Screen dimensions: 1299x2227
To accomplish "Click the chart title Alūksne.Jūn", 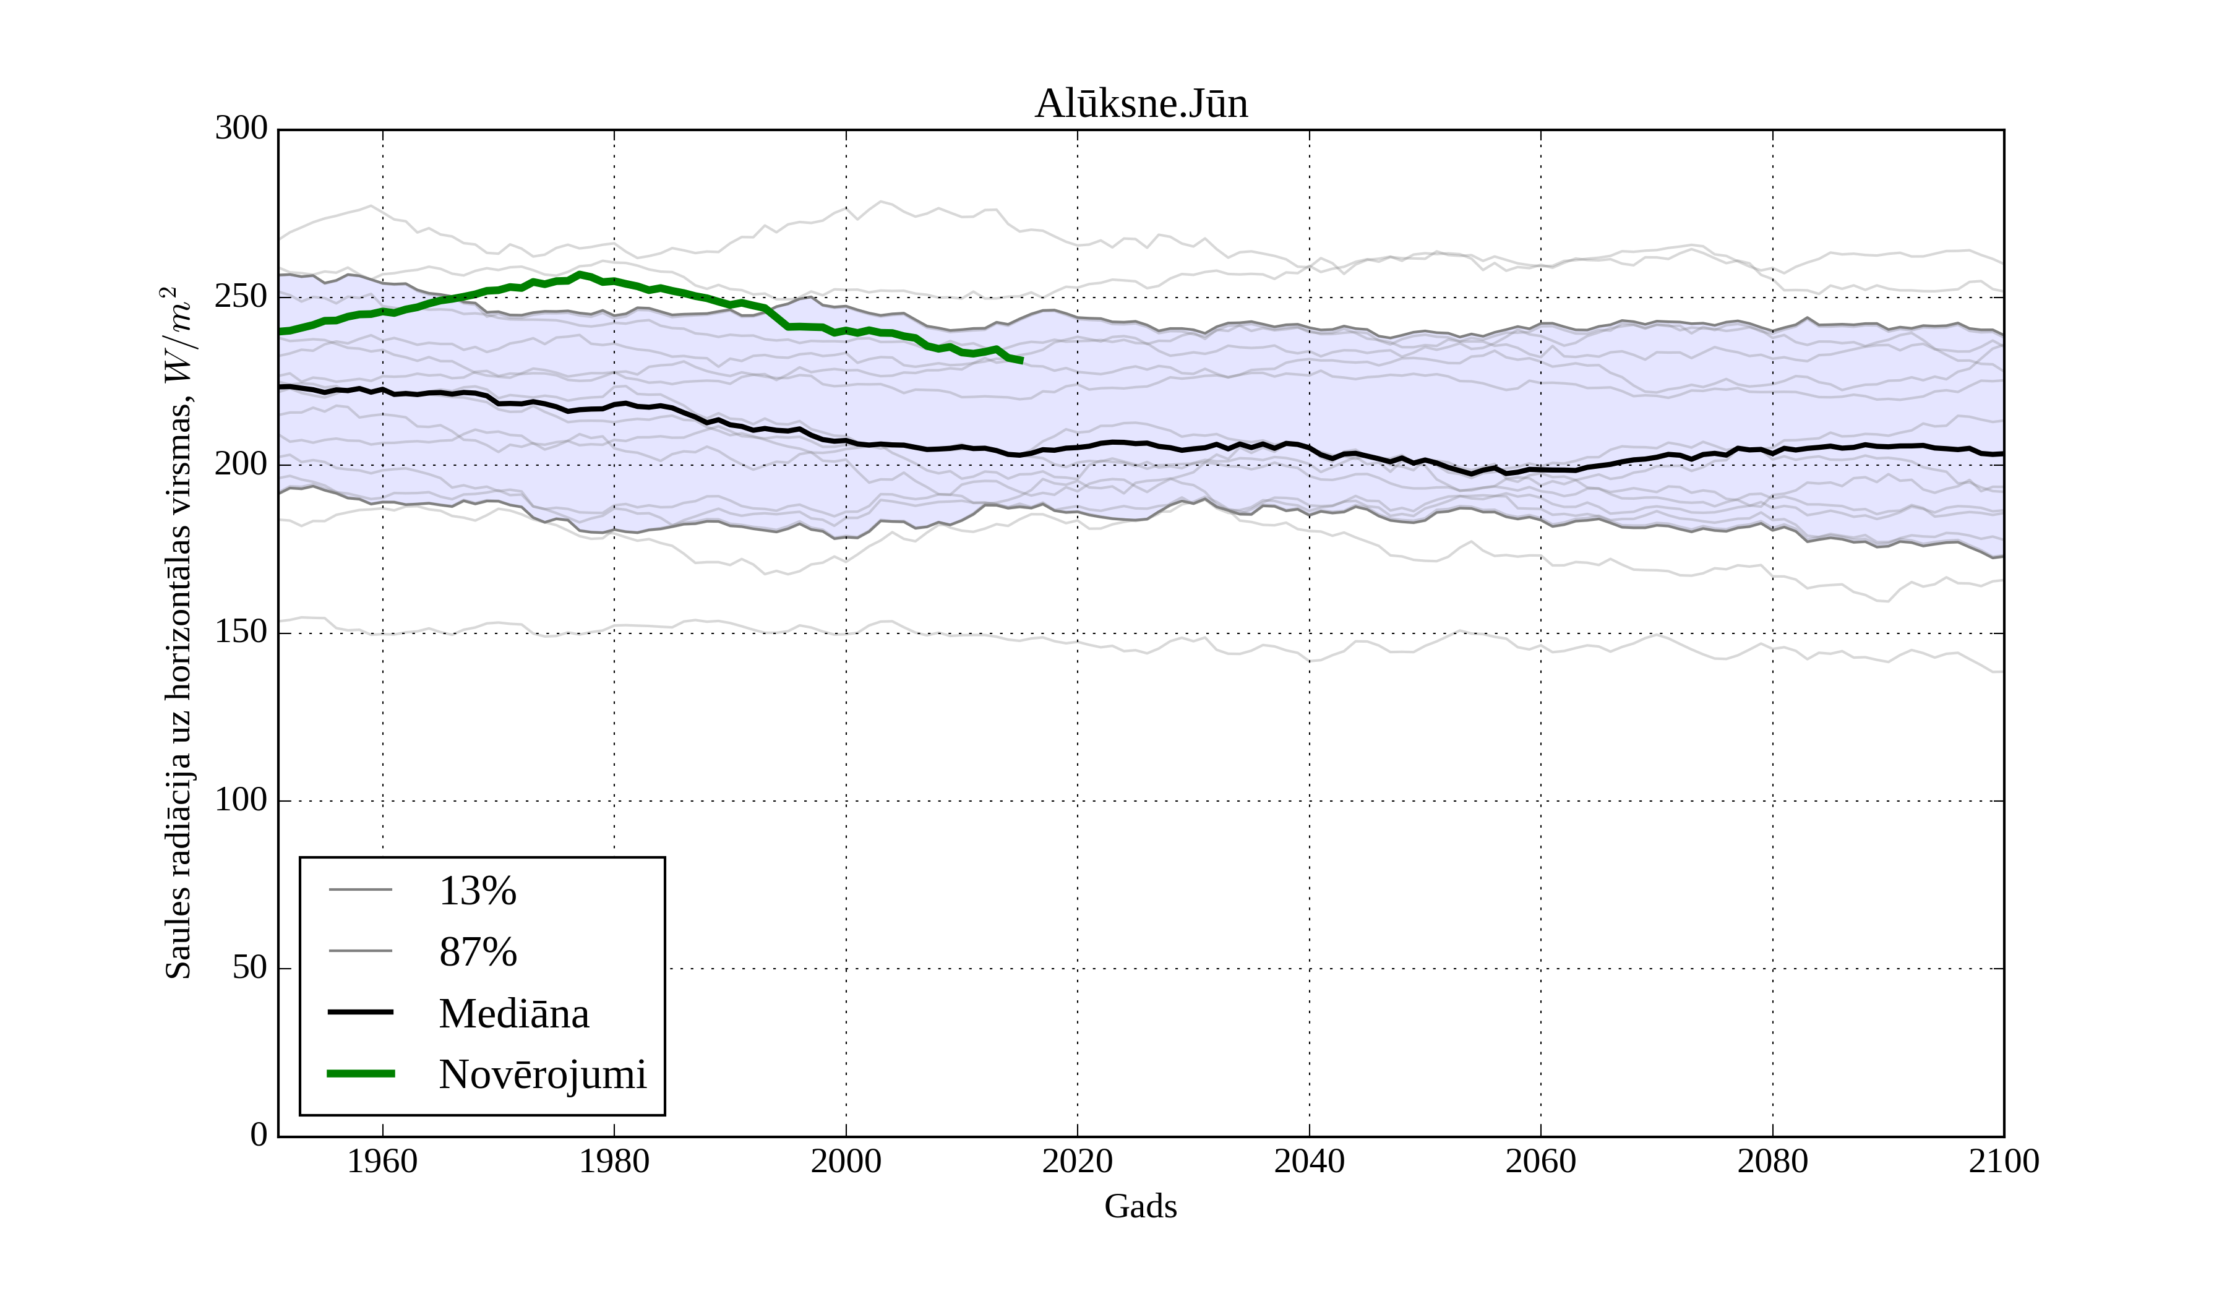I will pos(1141,105).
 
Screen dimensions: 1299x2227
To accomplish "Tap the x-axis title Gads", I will pos(1141,1206).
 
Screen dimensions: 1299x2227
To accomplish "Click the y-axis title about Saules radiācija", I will pos(179,633).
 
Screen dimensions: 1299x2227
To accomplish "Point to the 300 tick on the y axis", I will pos(241,129).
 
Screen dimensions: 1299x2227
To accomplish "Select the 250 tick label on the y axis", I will pos(241,297).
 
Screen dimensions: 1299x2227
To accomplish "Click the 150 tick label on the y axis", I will pos(241,633).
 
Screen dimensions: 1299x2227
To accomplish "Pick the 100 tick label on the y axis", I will pos(241,800).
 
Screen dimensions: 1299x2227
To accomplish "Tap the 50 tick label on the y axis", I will pos(249,969).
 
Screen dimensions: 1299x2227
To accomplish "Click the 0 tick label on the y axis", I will pos(259,1136).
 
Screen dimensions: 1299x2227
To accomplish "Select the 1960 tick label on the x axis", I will pos(383,1162).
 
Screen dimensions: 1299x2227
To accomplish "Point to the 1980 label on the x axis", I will pos(614,1162).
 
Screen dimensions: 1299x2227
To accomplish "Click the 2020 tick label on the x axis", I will pos(1077,1162).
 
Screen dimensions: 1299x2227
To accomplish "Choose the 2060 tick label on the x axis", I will pos(1540,1162).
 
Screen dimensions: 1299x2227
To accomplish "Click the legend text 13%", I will pos(477,891).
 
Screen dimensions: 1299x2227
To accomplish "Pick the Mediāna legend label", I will pos(513,1014).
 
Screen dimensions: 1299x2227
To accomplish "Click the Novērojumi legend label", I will pos(543,1074).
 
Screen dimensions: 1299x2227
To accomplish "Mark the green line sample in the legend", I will pos(361,1074).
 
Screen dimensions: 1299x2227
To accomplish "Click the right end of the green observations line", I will pos(1021,361).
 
